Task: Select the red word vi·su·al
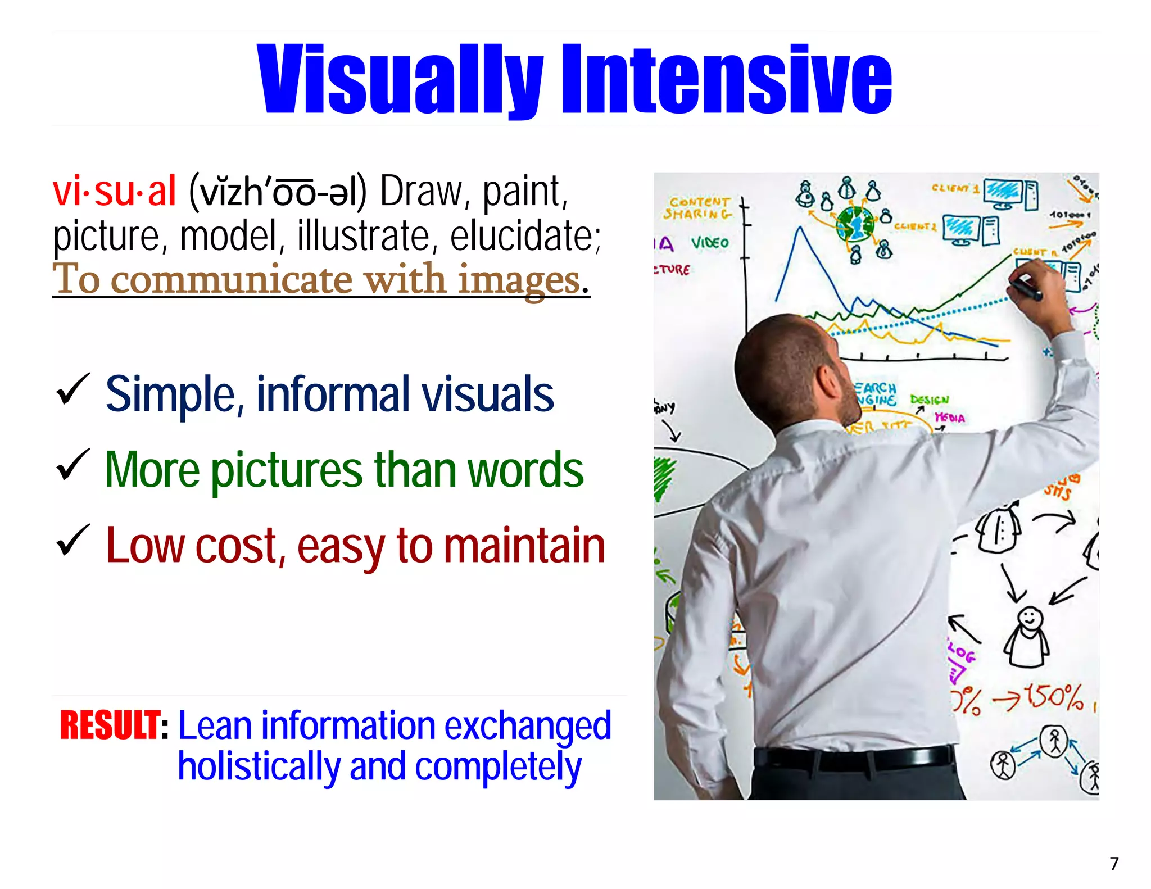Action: coord(115,192)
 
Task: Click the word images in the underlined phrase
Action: coord(518,279)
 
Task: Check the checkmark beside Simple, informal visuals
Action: coord(72,391)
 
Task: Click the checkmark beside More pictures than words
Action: coord(72,466)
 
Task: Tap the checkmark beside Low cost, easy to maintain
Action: coord(72,541)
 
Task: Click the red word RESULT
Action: coord(110,725)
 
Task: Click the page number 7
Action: coord(1114,863)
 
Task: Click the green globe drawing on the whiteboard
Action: coord(854,224)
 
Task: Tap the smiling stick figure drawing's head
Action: coord(1030,619)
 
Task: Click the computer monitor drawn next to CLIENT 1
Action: coord(1003,192)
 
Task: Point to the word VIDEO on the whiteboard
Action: coord(710,243)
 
